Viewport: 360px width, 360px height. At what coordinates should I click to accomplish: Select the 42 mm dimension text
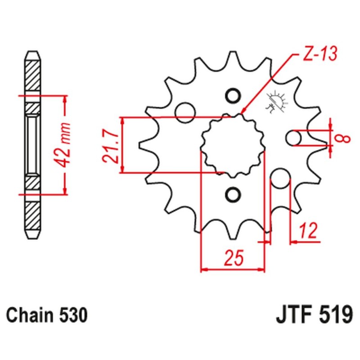[x=66, y=144]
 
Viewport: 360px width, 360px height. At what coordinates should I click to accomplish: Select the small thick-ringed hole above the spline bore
[x=233, y=96]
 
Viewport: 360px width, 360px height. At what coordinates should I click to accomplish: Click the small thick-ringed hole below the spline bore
[x=233, y=194]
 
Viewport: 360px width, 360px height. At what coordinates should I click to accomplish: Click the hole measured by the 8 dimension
[x=294, y=138]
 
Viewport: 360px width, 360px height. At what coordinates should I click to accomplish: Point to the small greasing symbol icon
[x=275, y=103]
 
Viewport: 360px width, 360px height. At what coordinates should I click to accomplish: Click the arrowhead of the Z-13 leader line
[x=243, y=111]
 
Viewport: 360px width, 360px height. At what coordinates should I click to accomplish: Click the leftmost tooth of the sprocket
[x=143, y=145]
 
